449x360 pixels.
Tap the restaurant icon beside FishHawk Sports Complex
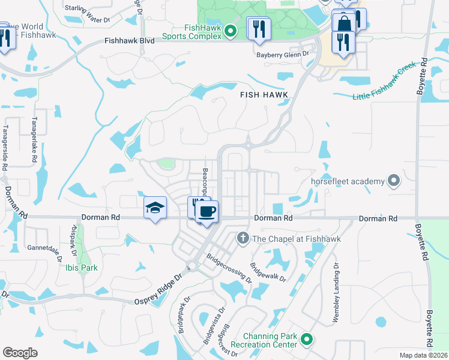coord(259,29)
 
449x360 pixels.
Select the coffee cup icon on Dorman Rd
coord(207,212)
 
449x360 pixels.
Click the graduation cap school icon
coord(155,209)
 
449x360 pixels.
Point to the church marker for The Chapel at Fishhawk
coord(243,239)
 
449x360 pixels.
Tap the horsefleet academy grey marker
coord(394,180)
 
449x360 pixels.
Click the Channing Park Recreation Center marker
coord(306,340)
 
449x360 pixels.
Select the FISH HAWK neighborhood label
coord(264,95)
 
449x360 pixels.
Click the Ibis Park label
coord(82,268)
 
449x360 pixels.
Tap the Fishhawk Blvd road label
coord(129,41)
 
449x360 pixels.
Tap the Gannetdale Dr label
coord(44,250)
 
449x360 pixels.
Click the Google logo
coord(20,352)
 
